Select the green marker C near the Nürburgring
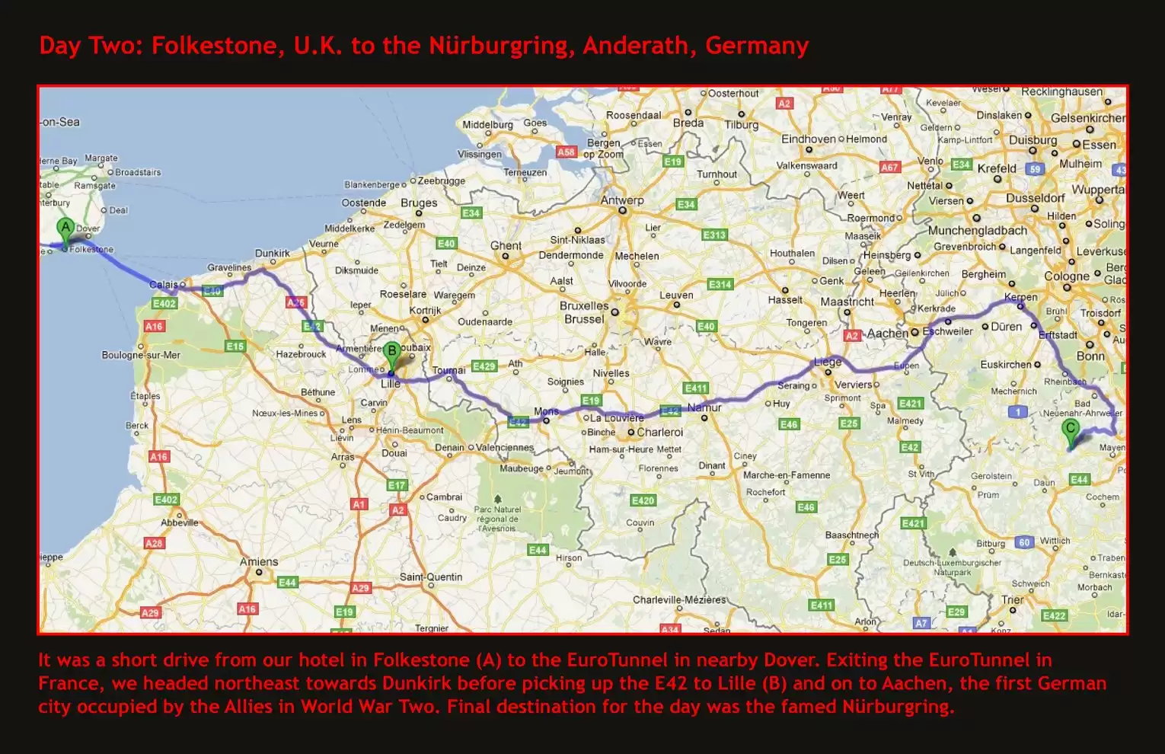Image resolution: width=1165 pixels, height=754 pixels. point(1071,430)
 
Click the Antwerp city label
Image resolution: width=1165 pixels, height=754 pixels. point(622,200)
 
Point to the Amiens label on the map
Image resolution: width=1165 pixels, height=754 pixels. point(259,562)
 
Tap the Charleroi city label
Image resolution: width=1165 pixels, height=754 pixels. point(659,432)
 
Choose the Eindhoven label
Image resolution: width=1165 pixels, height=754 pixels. point(808,139)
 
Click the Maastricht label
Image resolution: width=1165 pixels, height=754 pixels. point(847,302)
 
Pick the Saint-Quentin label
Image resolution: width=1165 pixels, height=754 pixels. point(431,577)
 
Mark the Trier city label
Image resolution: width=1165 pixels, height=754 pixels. point(1013,599)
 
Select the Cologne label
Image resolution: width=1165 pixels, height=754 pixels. point(1067,276)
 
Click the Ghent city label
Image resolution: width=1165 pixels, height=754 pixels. point(506,245)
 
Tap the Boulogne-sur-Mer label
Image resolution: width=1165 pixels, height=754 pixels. point(141,355)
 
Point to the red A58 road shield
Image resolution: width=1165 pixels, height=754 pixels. point(566,152)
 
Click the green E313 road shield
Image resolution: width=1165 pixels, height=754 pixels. point(714,235)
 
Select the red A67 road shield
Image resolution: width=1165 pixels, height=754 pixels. point(889,167)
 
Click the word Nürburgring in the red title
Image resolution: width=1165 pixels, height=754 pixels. point(498,46)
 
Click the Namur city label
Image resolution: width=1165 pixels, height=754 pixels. point(704,407)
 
